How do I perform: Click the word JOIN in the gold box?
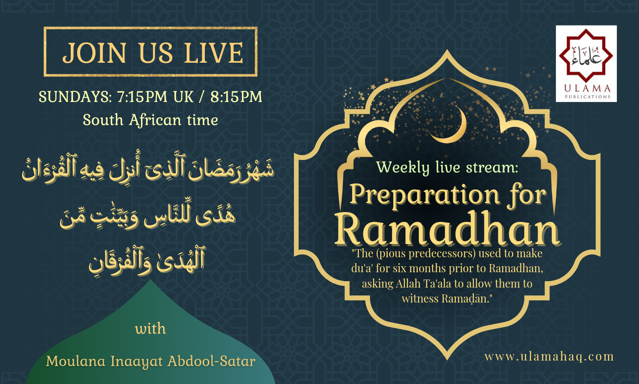[x=94, y=53]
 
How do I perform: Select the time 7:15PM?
[x=142, y=96]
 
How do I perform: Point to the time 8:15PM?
[x=236, y=96]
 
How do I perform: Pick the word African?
[x=155, y=119]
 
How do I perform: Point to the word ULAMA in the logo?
[x=587, y=88]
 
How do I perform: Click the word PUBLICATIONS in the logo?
[x=587, y=97]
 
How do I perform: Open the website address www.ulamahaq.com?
[x=549, y=357]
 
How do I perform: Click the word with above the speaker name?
[x=150, y=329]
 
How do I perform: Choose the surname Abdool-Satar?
[x=211, y=361]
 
